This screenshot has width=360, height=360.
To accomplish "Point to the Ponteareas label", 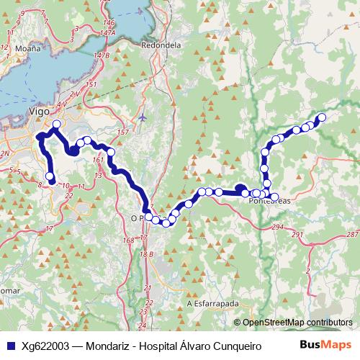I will [269, 202].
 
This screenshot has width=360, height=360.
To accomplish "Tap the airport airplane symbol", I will [143, 116].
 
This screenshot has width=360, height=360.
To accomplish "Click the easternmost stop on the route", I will [322, 117].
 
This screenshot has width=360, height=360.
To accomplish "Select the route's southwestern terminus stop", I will [50, 176].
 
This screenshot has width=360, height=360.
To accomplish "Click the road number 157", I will [122, 132].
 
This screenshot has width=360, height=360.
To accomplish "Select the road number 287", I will [351, 235].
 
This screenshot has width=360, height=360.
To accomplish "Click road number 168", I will [129, 240].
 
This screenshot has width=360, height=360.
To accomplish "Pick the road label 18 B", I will [147, 254].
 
